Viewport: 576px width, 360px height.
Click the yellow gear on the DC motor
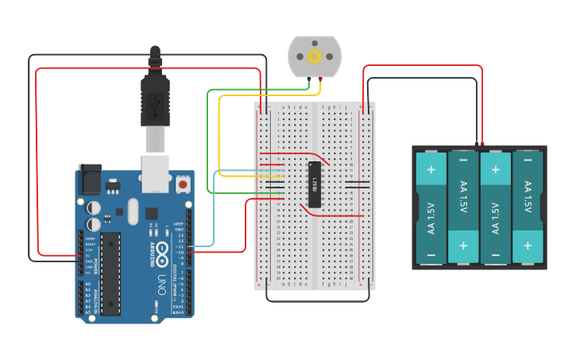pyautogui.click(x=314, y=56)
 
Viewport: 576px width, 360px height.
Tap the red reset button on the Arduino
pyautogui.click(x=184, y=184)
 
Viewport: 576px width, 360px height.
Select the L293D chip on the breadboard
pyautogui.click(x=315, y=184)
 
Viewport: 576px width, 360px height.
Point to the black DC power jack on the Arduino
pyautogui.click(x=89, y=180)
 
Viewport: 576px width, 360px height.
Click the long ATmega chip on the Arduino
pyautogui.click(x=110, y=272)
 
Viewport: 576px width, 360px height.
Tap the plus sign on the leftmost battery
pyautogui.click(x=431, y=168)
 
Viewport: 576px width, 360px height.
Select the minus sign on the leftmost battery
pyautogui.click(x=431, y=255)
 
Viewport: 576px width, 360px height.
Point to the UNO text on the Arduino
pyautogui.click(x=161, y=281)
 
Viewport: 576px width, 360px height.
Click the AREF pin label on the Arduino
pyautogui.click(x=180, y=224)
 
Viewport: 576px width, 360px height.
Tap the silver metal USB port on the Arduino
pyautogui.click(x=156, y=172)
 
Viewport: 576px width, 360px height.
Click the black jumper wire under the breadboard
pyautogui.click(x=318, y=301)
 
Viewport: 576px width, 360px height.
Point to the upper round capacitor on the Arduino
pyautogui.click(x=94, y=207)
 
